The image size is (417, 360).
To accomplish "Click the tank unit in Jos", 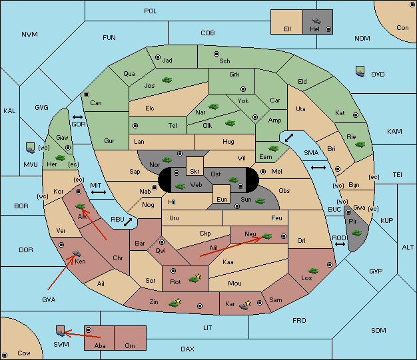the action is pos(167,80).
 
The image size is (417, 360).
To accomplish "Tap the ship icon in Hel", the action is pos(316,21).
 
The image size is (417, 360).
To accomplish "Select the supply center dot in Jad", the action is pos(158,57).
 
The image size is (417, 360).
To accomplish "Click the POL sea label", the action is pos(151,11).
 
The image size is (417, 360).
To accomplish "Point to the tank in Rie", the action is pos(360,144).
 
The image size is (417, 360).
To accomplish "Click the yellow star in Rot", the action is pos(198,277).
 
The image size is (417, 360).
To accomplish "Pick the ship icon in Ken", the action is pos(77,253).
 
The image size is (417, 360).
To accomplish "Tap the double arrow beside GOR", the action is pos(77,117).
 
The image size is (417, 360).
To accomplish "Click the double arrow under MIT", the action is pos(99,192).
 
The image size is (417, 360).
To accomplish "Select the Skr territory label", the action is pos(195,172).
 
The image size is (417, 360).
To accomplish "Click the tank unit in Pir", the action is pos(356,233).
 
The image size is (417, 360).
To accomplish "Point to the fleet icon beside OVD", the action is pos(360,71).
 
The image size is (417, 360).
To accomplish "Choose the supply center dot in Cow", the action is pos(5,355).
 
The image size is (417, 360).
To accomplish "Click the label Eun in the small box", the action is pos(222,199).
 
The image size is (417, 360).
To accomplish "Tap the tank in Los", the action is pos(313,271).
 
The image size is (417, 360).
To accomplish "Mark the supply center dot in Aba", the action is pos(89,330).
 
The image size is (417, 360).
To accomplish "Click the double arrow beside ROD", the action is pos(340,244).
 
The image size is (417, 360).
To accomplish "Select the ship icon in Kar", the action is pos(244,306).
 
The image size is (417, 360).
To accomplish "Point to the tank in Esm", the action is pos(273,148).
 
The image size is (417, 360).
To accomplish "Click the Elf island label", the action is pos(288,29).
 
